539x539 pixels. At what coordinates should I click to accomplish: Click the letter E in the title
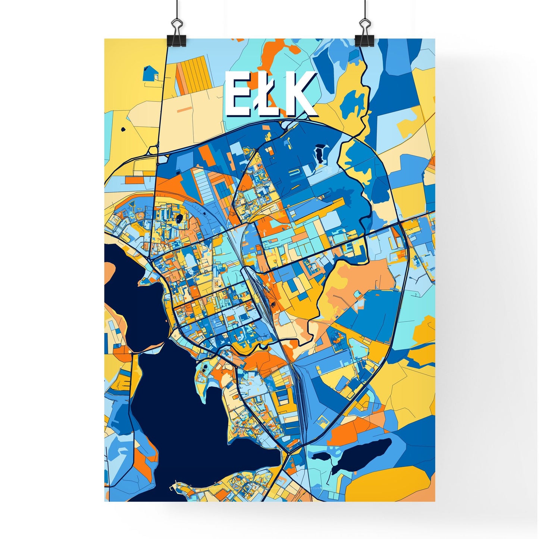click(x=236, y=94)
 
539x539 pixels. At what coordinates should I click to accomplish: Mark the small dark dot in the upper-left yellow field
click(x=123, y=130)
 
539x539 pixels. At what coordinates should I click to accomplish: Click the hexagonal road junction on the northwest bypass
click(x=153, y=151)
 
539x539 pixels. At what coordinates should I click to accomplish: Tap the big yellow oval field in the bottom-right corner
click(x=388, y=483)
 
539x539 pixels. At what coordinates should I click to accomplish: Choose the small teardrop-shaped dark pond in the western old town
click(x=180, y=219)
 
